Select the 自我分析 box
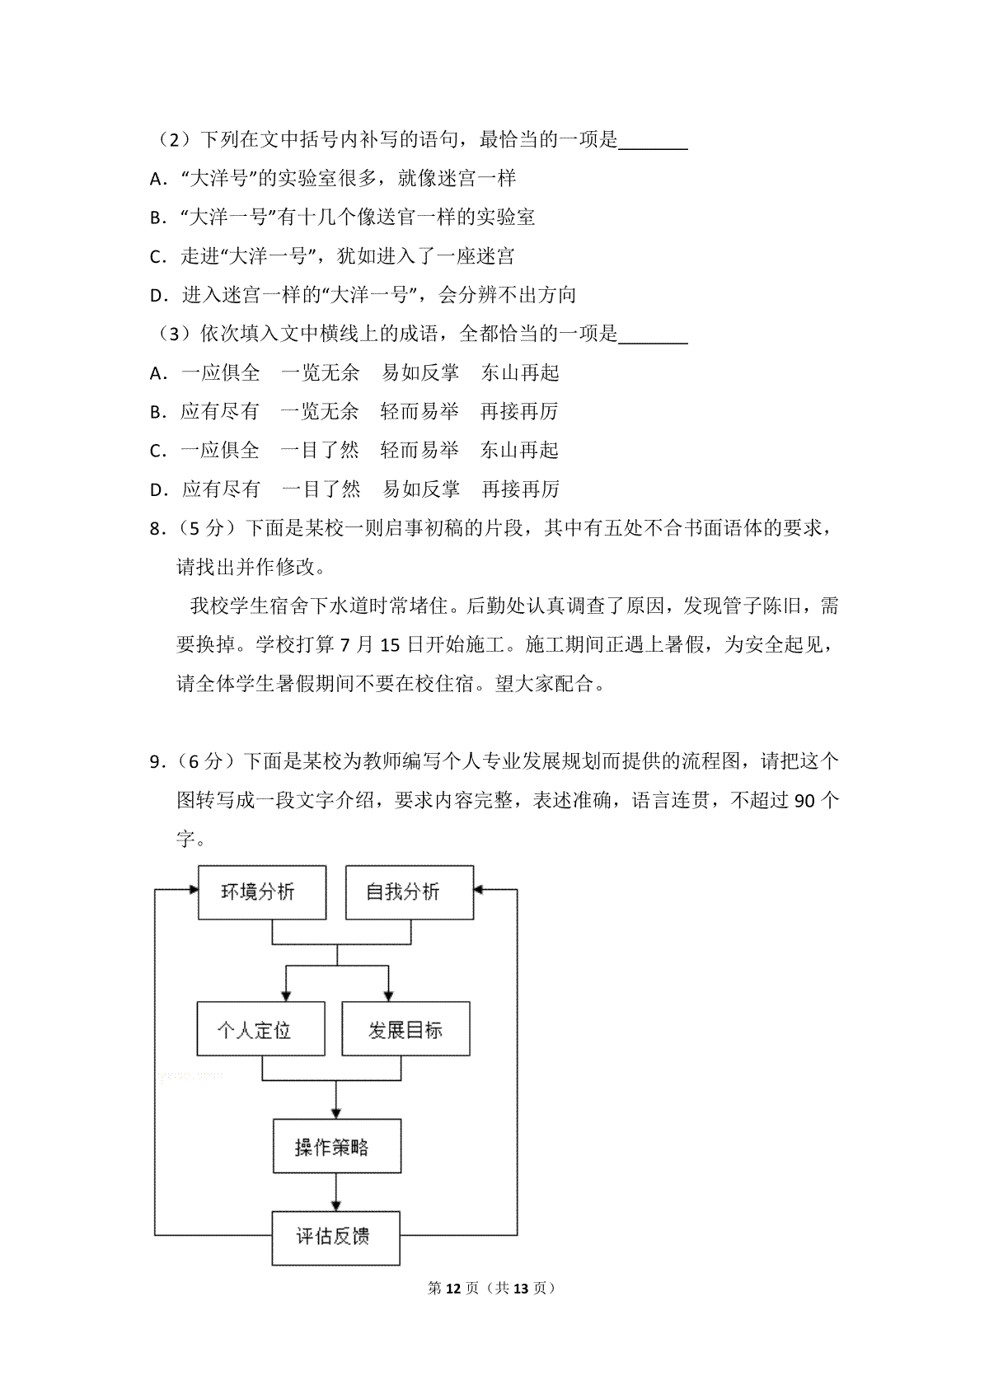[x=409, y=892]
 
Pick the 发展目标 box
[x=405, y=1029]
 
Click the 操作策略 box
[x=336, y=1146]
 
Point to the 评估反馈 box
[x=335, y=1238]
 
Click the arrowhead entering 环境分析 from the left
[x=193, y=890]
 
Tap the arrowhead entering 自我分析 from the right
[x=480, y=890]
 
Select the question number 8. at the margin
[x=158, y=529]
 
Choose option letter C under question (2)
[x=157, y=257]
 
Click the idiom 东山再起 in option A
[x=520, y=373]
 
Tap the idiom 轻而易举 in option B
[x=420, y=412]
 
